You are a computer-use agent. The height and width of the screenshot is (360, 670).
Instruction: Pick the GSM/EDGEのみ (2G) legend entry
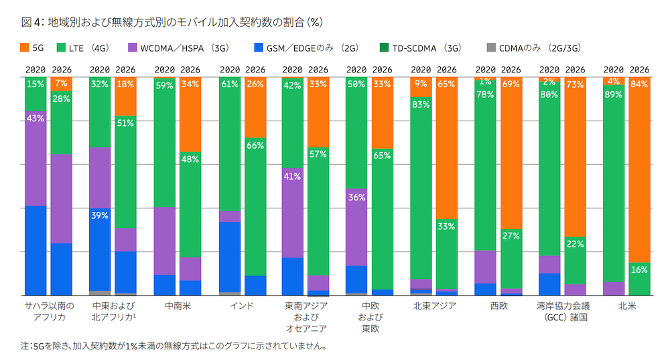point(301,48)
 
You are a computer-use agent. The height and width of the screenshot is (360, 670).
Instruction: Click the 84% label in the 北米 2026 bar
point(639,85)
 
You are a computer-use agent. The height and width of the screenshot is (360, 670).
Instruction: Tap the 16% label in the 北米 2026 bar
point(639,270)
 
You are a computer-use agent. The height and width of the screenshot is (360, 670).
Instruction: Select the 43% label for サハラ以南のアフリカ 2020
point(36,119)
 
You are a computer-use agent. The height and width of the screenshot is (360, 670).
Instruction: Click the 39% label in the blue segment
point(100,215)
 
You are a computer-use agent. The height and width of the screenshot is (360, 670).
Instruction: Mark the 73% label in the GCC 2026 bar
point(574,85)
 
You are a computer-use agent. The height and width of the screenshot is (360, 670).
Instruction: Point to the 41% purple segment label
point(293,177)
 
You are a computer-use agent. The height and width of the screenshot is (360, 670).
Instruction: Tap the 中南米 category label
point(177,306)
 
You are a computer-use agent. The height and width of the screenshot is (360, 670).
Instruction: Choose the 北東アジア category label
point(434,306)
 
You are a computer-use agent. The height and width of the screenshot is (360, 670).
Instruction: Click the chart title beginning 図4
point(172,22)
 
